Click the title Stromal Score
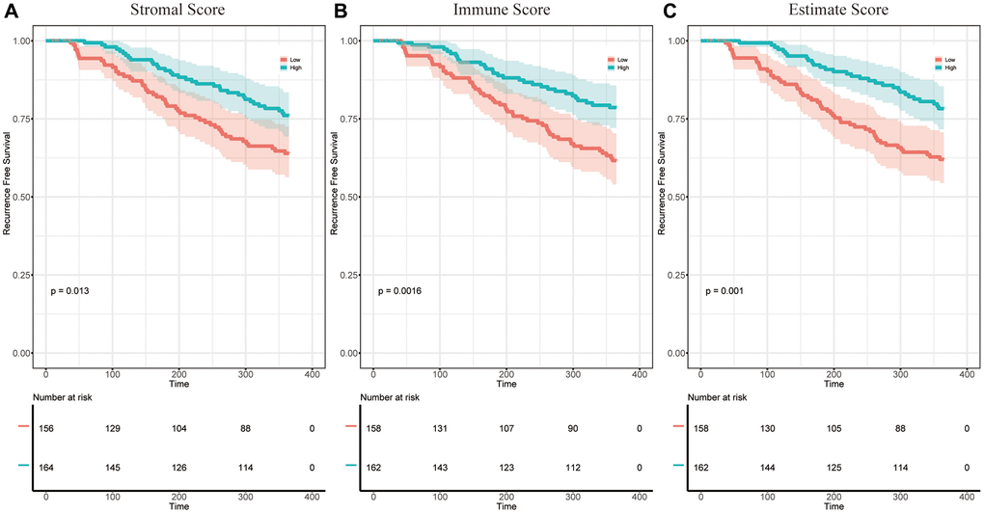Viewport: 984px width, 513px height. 179,13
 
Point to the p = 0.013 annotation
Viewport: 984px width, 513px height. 70,289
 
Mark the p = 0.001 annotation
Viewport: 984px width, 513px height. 724,289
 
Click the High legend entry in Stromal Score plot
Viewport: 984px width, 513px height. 286,67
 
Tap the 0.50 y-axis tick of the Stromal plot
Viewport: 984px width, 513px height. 22,197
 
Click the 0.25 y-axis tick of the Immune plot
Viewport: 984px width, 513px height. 348,275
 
